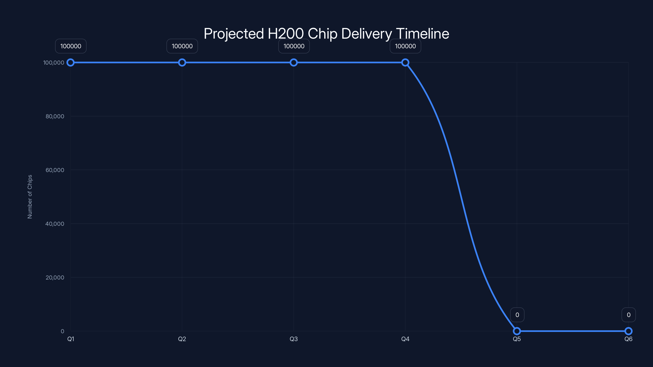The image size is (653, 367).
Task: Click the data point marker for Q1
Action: tap(70, 63)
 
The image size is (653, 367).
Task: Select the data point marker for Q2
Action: tap(182, 63)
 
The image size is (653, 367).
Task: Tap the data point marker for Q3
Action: tap(294, 63)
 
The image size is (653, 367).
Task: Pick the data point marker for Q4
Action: tap(405, 63)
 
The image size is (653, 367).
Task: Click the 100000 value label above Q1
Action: tap(71, 46)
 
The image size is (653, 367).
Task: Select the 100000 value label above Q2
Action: tap(182, 46)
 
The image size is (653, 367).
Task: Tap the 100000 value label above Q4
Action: tap(405, 46)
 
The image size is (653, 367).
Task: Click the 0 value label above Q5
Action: tap(517, 315)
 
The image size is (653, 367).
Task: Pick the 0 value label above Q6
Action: tap(629, 315)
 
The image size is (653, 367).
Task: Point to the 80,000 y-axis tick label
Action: tap(55, 116)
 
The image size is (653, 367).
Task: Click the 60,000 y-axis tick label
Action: tap(55, 170)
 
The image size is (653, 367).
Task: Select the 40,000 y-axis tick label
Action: tap(55, 224)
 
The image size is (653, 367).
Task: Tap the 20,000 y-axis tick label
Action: tap(55, 277)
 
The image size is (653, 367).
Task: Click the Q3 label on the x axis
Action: tap(294, 339)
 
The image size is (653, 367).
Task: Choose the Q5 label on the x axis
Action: tap(517, 339)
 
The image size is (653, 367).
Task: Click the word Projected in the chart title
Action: tap(234, 34)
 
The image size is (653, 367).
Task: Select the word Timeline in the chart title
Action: tap(422, 33)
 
